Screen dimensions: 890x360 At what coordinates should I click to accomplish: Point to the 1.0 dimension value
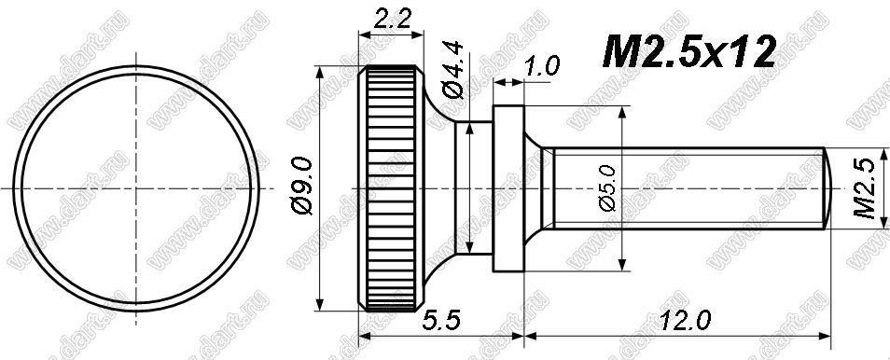coord(543,65)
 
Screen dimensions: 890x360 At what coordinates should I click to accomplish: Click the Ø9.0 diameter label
coord(301,187)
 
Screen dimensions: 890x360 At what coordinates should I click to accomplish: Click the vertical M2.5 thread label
coord(866,188)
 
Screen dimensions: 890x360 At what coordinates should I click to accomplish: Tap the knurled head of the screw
coord(391,188)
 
